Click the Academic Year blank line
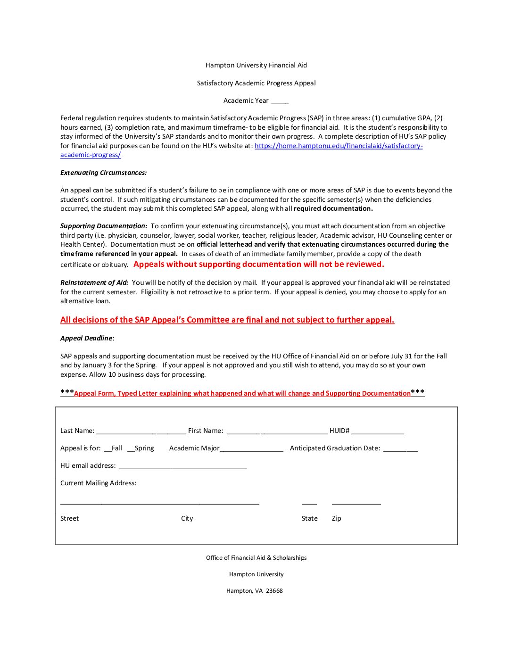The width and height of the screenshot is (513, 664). [280, 101]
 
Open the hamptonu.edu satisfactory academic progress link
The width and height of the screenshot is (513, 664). [338, 146]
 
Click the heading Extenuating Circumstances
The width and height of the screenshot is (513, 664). [103, 173]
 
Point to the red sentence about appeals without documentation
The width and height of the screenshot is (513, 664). [258, 265]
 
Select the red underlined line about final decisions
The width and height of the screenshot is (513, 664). [227, 320]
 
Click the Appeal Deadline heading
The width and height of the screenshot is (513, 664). [86, 339]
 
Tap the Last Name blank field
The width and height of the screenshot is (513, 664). [141, 431]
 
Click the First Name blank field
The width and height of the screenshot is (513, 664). [277, 431]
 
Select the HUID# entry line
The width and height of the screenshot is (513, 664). [377, 431]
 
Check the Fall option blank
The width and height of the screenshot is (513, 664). [108, 448]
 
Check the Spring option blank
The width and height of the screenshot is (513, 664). [131, 448]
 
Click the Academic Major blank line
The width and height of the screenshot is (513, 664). [251, 448]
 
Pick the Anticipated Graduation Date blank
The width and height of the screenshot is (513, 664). [400, 448]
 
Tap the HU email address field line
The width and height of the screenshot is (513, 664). [183, 466]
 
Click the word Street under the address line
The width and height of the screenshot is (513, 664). [70, 519]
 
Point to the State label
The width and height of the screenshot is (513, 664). [310, 519]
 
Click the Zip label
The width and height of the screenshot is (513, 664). [336, 519]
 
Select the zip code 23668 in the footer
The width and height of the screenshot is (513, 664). [274, 591]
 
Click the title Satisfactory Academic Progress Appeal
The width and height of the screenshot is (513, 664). [256, 83]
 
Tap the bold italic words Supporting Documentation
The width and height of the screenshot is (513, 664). [103, 226]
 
